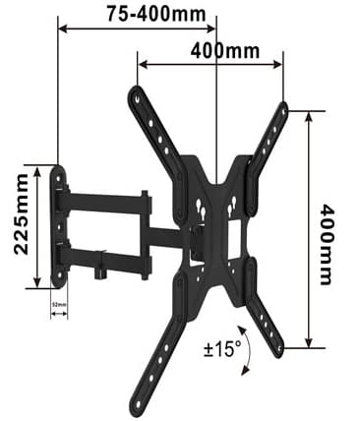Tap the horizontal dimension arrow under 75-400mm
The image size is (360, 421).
pyautogui.click(x=137, y=28)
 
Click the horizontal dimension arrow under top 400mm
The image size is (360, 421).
pyautogui.click(x=211, y=65)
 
